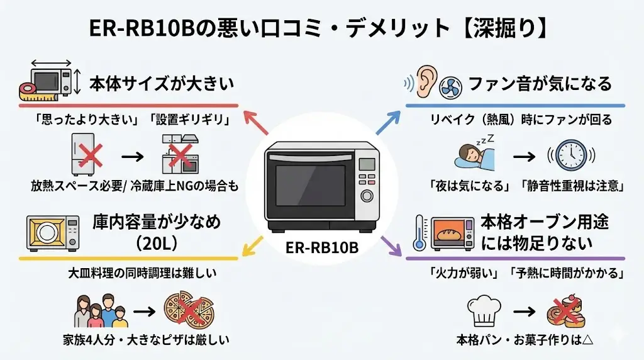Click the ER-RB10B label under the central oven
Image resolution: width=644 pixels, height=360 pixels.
tap(321, 247)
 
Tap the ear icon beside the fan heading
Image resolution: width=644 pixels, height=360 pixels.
tap(426, 82)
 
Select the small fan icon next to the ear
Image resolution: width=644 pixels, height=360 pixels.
tap(450, 86)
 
